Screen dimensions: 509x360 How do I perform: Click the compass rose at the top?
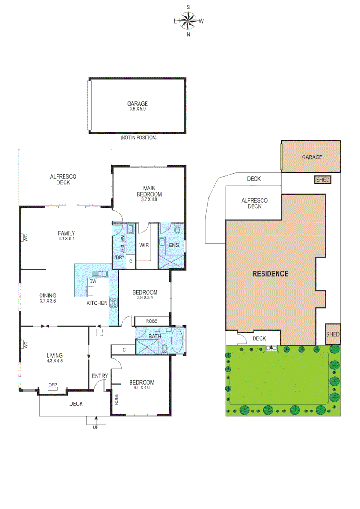[x=188, y=20]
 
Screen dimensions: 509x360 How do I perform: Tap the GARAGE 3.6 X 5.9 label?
[x=137, y=106]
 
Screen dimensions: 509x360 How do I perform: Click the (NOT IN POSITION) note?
[x=139, y=138]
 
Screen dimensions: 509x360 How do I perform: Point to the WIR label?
[x=144, y=245]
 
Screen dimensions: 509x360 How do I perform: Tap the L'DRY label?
[x=118, y=257]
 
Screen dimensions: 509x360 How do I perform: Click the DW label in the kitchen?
[x=93, y=281]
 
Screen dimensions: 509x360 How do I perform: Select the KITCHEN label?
[x=97, y=303]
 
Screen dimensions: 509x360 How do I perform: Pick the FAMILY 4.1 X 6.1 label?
[x=66, y=236]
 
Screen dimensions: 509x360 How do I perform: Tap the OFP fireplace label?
[x=52, y=385]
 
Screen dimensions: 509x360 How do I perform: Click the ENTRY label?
[x=99, y=376]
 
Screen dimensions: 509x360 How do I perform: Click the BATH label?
[x=154, y=336]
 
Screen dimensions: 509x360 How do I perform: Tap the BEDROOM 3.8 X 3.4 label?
[x=144, y=295]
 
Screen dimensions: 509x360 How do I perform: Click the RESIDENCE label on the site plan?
[x=270, y=273]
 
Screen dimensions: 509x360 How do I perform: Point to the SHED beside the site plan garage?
[x=323, y=180]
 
